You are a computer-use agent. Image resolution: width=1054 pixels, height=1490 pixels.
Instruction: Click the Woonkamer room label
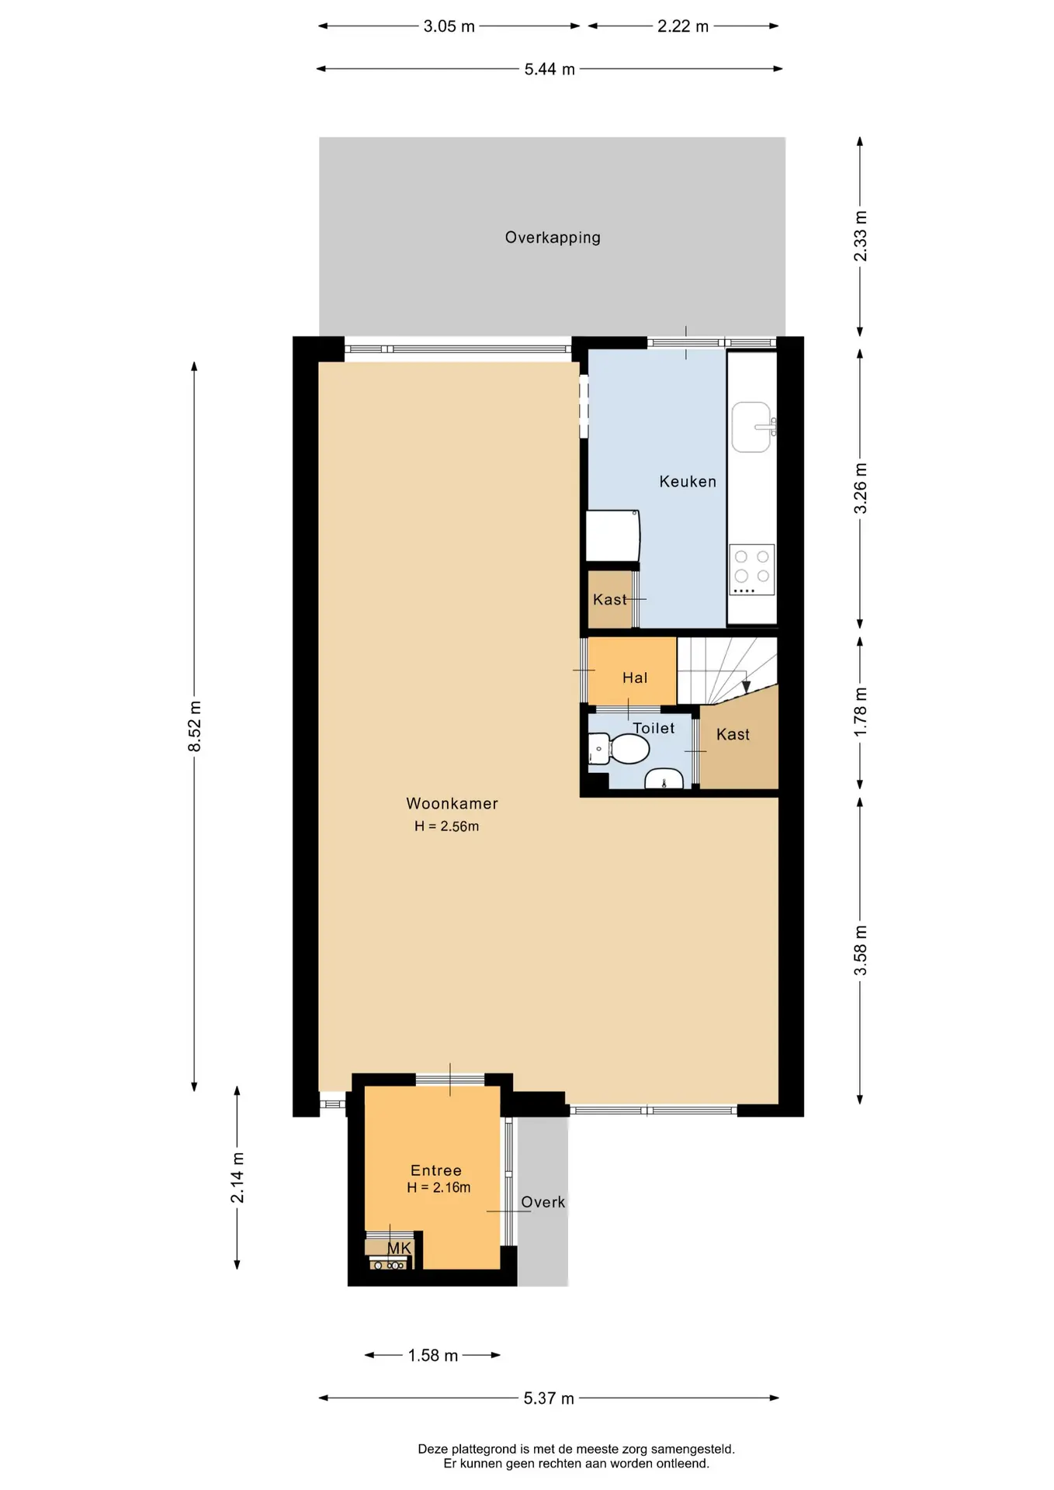click(x=452, y=803)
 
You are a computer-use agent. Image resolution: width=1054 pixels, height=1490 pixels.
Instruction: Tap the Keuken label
click(x=688, y=481)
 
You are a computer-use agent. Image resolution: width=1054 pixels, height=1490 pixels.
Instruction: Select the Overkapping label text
click(x=553, y=237)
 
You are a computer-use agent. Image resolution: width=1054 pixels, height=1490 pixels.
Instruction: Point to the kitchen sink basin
click(x=751, y=427)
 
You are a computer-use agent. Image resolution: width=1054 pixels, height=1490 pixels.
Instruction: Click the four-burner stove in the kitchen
click(x=752, y=570)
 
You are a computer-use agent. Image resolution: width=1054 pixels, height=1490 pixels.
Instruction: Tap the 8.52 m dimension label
click(x=194, y=726)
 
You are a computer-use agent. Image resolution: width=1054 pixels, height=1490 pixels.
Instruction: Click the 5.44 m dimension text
click(x=550, y=69)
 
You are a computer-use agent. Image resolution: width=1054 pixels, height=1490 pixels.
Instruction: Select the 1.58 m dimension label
click(x=433, y=1355)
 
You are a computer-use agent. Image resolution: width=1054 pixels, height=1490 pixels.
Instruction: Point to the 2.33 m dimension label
click(x=860, y=236)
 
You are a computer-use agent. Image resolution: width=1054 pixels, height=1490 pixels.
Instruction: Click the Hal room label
click(x=635, y=677)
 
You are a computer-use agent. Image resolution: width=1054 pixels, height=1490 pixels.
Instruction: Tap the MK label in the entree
click(x=399, y=1248)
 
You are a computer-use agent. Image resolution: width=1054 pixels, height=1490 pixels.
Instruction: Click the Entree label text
click(x=436, y=1170)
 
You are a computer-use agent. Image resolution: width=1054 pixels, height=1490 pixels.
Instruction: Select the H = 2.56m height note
click(x=446, y=826)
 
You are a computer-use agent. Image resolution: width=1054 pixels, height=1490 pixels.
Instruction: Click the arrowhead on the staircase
click(x=747, y=687)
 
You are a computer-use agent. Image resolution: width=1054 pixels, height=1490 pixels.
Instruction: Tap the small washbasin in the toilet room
click(x=664, y=778)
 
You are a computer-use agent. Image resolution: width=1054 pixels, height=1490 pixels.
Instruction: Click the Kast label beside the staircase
click(x=733, y=734)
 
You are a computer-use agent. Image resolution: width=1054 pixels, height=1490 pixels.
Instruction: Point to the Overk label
click(x=543, y=1202)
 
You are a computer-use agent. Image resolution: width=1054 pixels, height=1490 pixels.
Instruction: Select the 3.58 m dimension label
click(x=860, y=951)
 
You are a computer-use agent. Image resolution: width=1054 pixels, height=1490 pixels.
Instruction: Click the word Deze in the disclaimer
click(x=433, y=1449)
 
